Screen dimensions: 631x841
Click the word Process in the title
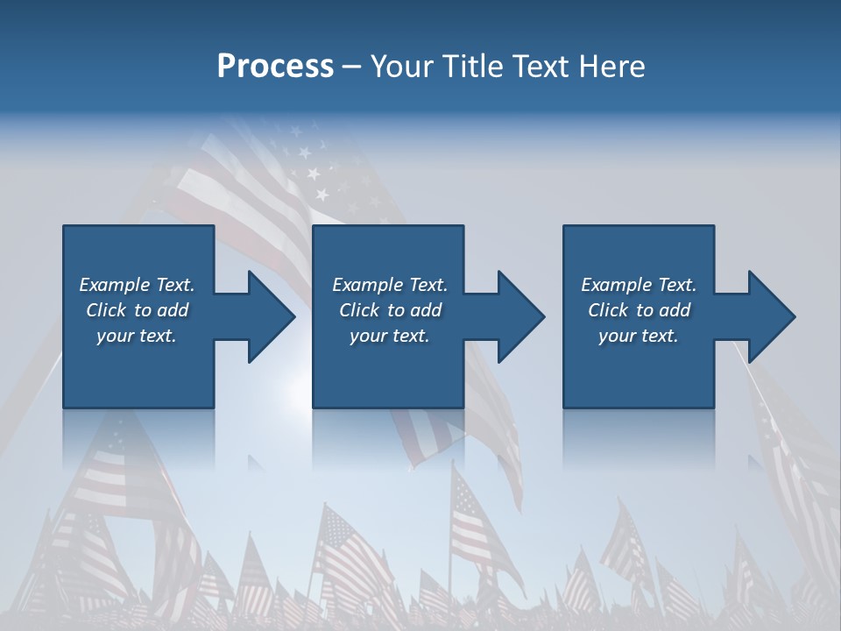pos(275,67)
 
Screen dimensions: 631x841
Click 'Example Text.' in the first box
pos(137,285)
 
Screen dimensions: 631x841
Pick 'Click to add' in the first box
pos(137,310)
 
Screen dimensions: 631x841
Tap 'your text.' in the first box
pos(137,336)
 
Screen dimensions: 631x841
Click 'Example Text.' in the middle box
pos(390,285)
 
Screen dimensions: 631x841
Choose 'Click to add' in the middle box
pos(390,310)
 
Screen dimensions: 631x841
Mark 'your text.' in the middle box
pos(390,336)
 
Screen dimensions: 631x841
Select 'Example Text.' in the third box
pos(639,285)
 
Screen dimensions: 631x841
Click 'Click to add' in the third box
pos(639,310)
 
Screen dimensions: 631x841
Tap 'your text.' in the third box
pos(639,336)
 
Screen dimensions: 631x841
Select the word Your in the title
pos(399,67)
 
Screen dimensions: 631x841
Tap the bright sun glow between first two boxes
pos(298,390)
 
